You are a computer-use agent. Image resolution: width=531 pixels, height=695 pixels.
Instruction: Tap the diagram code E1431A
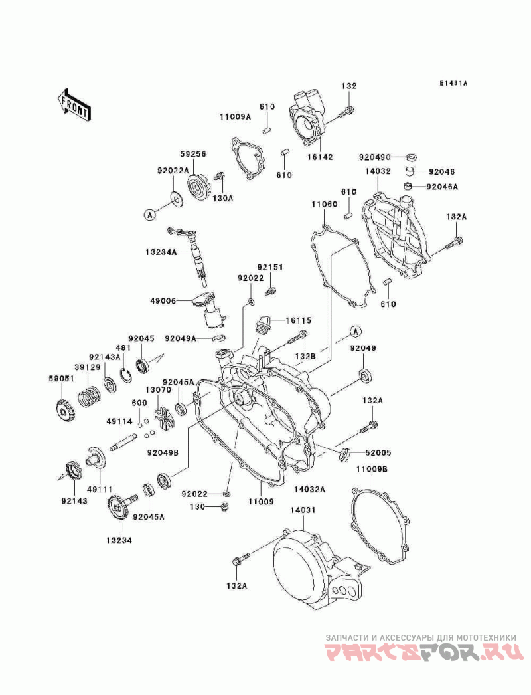453,83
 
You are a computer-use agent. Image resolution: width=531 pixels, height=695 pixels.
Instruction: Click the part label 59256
192,154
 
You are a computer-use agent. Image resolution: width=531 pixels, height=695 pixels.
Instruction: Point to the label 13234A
161,252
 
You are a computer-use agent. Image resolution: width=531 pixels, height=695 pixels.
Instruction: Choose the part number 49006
163,301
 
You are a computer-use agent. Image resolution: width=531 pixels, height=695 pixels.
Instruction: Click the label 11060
324,205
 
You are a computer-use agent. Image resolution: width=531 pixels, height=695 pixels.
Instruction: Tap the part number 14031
303,510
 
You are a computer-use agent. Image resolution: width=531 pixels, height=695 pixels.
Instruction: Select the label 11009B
372,468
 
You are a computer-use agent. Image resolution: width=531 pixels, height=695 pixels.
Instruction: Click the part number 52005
378,453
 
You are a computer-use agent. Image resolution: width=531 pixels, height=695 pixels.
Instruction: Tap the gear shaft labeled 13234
120,509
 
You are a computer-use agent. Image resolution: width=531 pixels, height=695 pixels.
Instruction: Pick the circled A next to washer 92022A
149,215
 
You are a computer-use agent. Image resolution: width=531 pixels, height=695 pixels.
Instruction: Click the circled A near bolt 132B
355,331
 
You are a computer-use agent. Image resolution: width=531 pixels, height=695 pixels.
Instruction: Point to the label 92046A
443,187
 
